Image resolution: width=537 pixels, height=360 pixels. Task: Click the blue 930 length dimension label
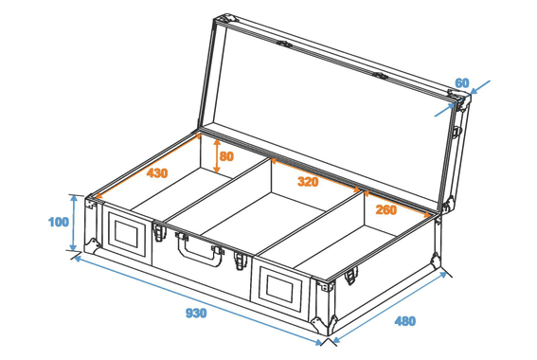(196, 313)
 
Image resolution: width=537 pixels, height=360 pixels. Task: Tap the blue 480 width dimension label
(405, 321)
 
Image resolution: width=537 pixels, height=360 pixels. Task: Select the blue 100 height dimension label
(59, 222)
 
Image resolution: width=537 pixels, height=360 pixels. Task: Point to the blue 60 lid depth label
(462, 82)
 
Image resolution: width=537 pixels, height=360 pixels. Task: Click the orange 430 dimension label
(157, 173)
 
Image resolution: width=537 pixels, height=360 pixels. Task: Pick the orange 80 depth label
(226, 156)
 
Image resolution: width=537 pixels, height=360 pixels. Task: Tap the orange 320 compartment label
(308, 181)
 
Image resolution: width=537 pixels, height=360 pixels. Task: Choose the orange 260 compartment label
(386, 209)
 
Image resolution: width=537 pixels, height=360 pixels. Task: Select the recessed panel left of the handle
(126, 233)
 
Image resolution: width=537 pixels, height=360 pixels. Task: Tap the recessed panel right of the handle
(280, 289)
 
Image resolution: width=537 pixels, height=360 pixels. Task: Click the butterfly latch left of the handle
(160, 232)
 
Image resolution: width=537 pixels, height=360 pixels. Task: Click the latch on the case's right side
(350, 275)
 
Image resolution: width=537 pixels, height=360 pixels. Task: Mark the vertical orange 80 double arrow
(217, 156)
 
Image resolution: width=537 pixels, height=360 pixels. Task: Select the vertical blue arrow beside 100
(73, 223)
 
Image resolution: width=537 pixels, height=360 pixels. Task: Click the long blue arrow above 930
(198, 299)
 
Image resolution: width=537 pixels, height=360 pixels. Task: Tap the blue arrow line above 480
(390, 307)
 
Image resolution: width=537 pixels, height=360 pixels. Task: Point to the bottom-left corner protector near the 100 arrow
(93, 246)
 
